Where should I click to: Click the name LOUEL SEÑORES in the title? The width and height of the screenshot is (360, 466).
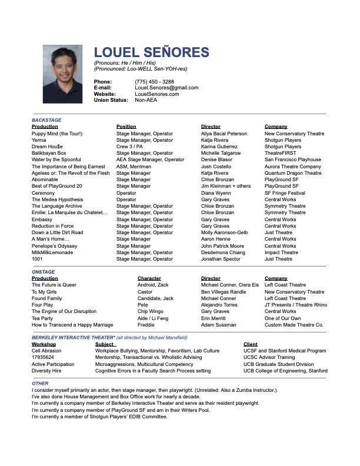tap(152, 52)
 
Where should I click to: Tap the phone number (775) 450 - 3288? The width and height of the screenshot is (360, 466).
tap(154, 81)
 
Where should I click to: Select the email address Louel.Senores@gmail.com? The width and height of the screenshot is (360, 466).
tap(166, 88)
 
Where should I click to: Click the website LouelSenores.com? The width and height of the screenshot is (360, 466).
tap(157, 94)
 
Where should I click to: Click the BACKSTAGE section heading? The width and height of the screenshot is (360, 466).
tap(47, 119)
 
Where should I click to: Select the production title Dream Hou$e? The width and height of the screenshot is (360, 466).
tap(48, 147)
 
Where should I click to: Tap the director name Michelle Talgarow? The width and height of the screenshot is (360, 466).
tap(221, 153)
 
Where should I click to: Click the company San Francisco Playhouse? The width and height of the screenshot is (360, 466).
tap(293, 159)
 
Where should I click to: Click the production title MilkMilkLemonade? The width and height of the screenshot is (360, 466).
tap(52, 252)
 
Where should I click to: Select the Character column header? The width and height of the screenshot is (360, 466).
tap(149, 278)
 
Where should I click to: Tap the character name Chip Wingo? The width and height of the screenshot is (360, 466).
tap(151, 311)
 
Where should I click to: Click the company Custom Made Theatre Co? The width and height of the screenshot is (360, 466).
tap(294, 325)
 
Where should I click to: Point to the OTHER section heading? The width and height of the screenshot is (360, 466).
tap(40, 383)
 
